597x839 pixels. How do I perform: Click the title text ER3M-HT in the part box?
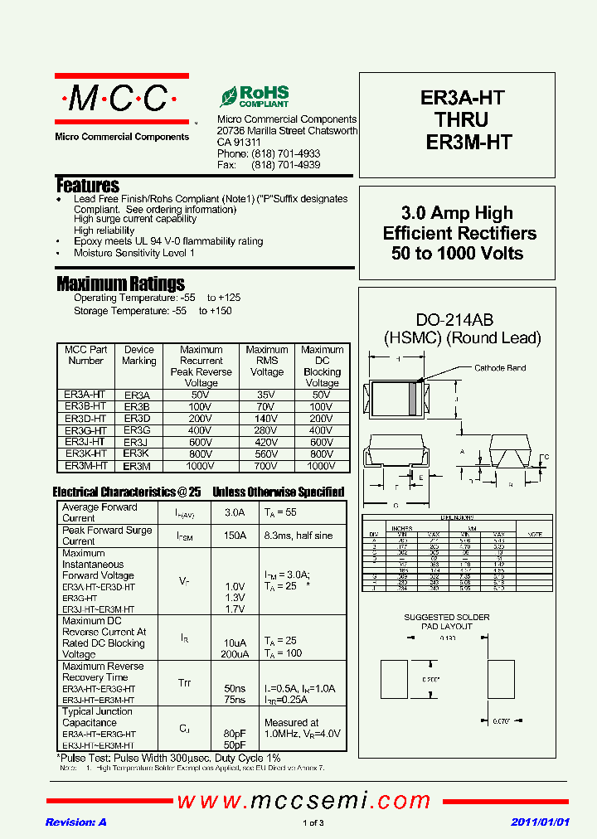click(468, 142)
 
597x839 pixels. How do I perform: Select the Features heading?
click(88, 185)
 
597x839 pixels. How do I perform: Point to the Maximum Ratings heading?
click(120, 284)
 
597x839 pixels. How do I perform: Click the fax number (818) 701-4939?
click(285, 165)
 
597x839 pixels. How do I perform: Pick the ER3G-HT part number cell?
click(85, 430)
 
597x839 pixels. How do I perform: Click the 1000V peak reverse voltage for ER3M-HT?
click(201, 466)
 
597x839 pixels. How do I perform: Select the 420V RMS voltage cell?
click(266, 443)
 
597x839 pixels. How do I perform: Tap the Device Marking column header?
click(138, 355)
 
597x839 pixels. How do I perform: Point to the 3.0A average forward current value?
click(235, 513)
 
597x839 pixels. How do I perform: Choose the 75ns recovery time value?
click(235, 700)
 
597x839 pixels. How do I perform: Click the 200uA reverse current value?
click(235, 653)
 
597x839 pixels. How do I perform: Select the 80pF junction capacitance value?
click(235, 734)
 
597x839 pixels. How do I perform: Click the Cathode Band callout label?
click(500, 368)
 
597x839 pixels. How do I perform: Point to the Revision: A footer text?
click(75, 822)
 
